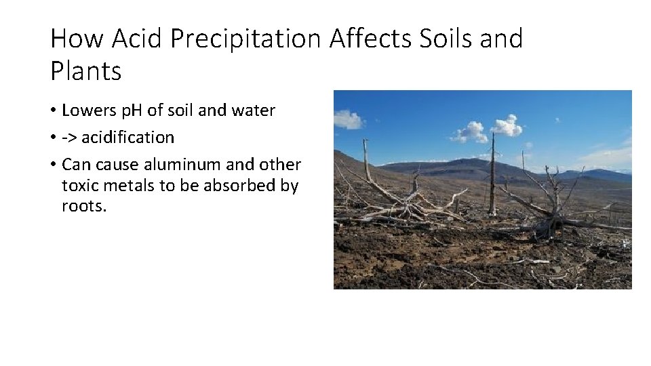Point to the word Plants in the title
pos(85,70)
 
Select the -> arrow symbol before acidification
pos(69,138)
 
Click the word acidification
pos(128,138)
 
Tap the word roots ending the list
pos(82,206)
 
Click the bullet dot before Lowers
pos(53,111)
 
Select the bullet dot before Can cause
pos(53,165)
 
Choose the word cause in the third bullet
pos(118,165)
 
